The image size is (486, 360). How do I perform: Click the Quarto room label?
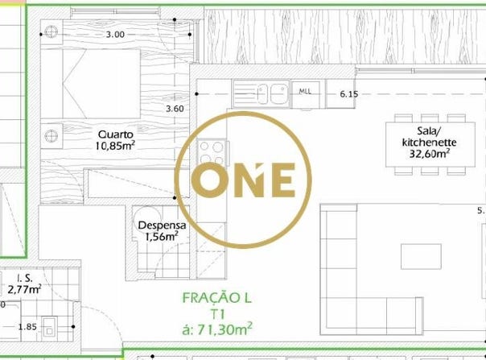pyautogui.click(x=116, y=134)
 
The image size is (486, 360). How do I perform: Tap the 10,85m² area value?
pyautogui.click(x=115, y=145)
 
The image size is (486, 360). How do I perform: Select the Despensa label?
pyautogui.click(x=162, y=226)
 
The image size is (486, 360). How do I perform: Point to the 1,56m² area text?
pyautogui.click(x=162, y=236)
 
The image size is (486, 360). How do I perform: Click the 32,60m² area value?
pyautogui.click(x=430, y=153)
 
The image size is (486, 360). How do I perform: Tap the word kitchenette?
pyautogui.click(x=430, y=143)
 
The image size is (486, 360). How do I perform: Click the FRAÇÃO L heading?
pyautogui.click(x=216, y=298)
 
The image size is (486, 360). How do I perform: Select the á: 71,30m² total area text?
pyautogui.click(x=216, y=329)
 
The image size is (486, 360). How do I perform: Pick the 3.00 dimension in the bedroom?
pyautogui.click(x=115, y=34)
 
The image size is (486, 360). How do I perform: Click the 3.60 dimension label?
pyautogui.click(x=175, y=109)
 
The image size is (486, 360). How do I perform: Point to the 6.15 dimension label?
pyautogui.click(x=349, y=93)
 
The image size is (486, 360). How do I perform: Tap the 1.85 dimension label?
pyautogui.click(x=27, y=327)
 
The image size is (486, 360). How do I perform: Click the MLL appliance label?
pyautogui.click(x=305, y=92)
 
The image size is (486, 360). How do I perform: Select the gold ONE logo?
pyautogui.click(x=243, y=180)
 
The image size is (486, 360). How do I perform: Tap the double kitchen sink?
pyautogui.click(x=262, y=93)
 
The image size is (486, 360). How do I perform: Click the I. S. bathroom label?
pyautogui.click(x=24, y=278)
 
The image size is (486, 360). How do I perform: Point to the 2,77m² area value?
pyautogui.click(x=24, y=289)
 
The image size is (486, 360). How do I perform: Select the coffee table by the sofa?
pyautogui.click(x=421, y=257)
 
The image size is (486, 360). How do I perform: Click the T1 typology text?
pyautogui.click(x=218, y=314)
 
